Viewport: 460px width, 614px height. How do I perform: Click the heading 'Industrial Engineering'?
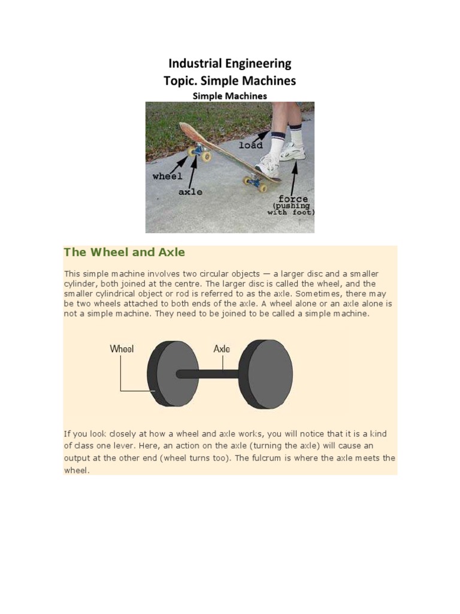tap(230, 64)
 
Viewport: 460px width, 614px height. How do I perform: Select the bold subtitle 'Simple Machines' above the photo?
tap(229, 95)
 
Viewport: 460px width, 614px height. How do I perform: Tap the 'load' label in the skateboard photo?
tap(250, 145)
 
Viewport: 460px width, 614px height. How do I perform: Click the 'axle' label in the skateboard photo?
tap(190, 192)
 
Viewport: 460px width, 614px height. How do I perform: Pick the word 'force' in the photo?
tap(293, 198)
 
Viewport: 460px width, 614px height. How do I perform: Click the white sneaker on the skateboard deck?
tap(268, 165)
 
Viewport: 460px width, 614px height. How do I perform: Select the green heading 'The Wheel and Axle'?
tap(125, 252)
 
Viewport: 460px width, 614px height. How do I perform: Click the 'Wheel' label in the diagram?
tap(122, 348)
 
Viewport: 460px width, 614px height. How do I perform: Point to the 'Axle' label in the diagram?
tap(222, 348)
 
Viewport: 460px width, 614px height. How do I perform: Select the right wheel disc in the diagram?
tap(270, 374)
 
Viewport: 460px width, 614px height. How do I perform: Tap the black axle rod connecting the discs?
tap(210, 374)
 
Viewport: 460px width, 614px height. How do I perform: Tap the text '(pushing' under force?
tap(290, 206)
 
